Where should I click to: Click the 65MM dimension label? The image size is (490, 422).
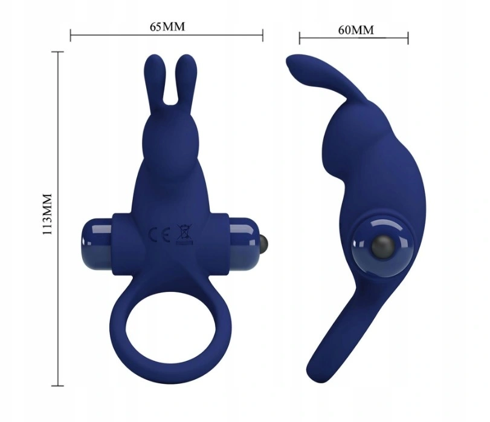tap(167, 27)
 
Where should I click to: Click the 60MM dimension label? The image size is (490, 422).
tap(356, 30)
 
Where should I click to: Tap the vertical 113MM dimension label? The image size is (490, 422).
tap(48, 214)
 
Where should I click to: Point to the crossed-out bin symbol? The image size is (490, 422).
tap(185, 234)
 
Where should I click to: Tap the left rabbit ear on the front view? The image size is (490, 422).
tap(155, 80)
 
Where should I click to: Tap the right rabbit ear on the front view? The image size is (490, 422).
tap(186, 80)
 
